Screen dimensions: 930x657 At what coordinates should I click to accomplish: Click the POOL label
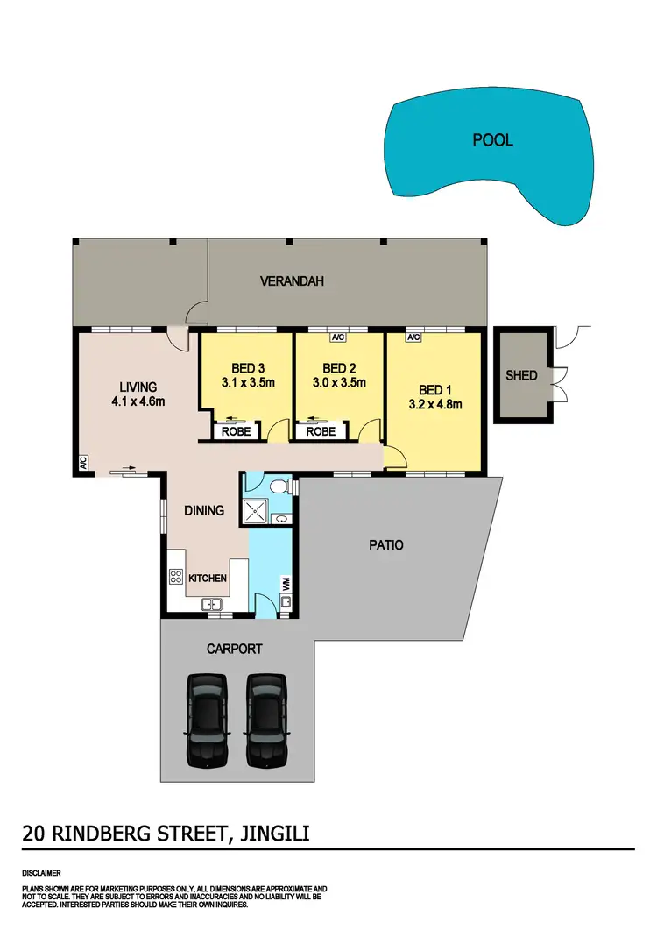point(492,140)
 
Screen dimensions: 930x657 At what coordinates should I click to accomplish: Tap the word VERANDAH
point(293,281)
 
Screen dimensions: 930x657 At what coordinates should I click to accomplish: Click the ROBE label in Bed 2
point(321,431)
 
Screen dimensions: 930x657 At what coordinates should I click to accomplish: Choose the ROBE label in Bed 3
point(236,431)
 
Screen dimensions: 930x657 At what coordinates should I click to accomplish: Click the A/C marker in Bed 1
point(413,337)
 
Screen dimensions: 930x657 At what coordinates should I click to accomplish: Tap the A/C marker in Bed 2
point(338,337)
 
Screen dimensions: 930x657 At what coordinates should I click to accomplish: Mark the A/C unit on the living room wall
point(82,462)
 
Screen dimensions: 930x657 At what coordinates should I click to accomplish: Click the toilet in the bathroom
point(278,485)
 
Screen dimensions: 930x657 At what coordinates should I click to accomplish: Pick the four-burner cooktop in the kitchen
point(174,578)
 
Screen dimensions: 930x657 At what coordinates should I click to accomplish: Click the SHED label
point(521,375)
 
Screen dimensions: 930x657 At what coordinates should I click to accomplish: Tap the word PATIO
point(386,544)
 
